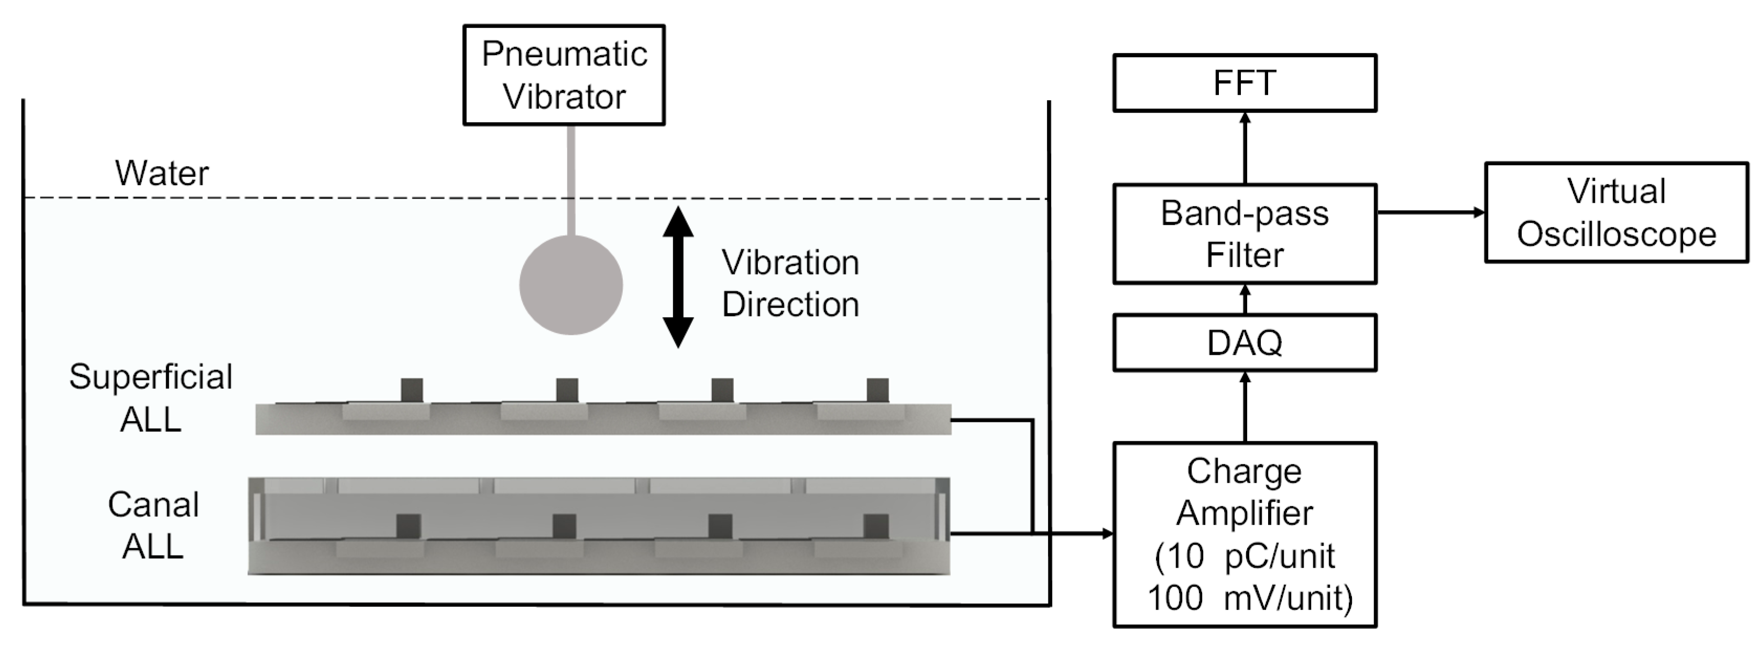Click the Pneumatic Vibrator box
click(564, 75)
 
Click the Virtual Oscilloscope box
click(1616, 213)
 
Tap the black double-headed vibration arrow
click(678, 277)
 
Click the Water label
click(162, 173)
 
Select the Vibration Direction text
click(790, 283)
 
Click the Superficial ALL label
click(150, 398)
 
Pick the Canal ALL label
click(153, 525)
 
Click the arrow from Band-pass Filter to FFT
click(1245, 148)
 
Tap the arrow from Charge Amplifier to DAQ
click(1245, 407)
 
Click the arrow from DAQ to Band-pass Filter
click(1245, 299)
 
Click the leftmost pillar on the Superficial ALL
click(411, 390)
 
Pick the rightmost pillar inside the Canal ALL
click(876, 526)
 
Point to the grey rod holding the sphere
click(570, 181)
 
